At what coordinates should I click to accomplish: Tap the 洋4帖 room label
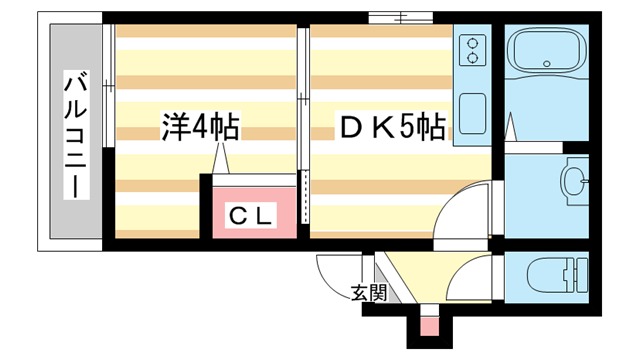200,127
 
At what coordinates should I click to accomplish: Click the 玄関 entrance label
368,293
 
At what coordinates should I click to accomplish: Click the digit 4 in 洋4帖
200,127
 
